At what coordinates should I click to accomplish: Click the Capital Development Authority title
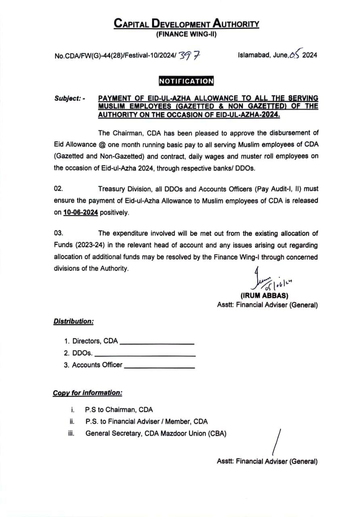pos(186,23)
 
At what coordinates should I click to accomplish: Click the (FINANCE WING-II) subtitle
pos(186,34)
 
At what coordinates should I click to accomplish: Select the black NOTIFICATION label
pos(186,81)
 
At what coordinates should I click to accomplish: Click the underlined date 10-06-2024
pos(81,212)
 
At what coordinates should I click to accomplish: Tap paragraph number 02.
pos(59,189)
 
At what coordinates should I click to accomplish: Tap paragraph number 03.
pos(59,233)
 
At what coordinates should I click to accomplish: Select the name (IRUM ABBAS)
pos(264,295)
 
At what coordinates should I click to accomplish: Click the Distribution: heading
pos(74,321)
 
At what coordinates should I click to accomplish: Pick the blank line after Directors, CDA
pos(157,343)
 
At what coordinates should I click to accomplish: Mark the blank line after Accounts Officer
pos(160,367)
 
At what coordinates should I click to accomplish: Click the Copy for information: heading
pos(88,393)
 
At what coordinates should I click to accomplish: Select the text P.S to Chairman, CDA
pos(119,410)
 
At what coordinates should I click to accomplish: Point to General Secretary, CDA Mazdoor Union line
pos(156,433)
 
